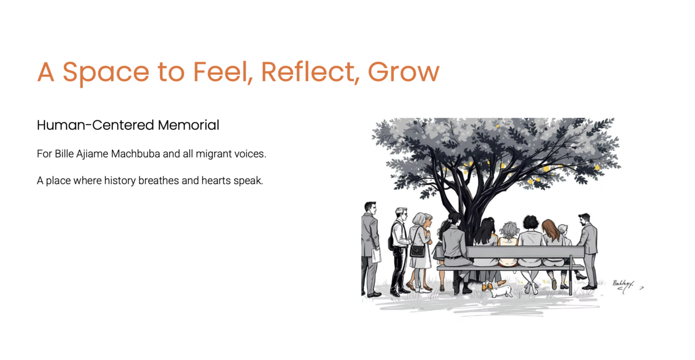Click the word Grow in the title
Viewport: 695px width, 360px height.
(x=404, y=72)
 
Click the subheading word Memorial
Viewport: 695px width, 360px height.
(x=189, y=125)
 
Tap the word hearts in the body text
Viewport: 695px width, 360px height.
(x=216, y=181)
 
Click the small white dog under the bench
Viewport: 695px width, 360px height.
(x=501, y=291)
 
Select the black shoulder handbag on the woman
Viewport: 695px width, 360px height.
(x=418, y=251)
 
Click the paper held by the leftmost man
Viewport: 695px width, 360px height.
(x=376, y=255)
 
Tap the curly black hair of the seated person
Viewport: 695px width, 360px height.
(x=531, y=223)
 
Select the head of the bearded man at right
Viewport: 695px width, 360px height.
(x=584, y=219)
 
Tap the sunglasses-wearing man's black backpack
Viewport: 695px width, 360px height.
(x=391, y=242)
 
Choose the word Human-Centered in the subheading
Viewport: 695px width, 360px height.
(x=95, y=125)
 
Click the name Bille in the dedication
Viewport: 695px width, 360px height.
(x=64, y=153)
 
